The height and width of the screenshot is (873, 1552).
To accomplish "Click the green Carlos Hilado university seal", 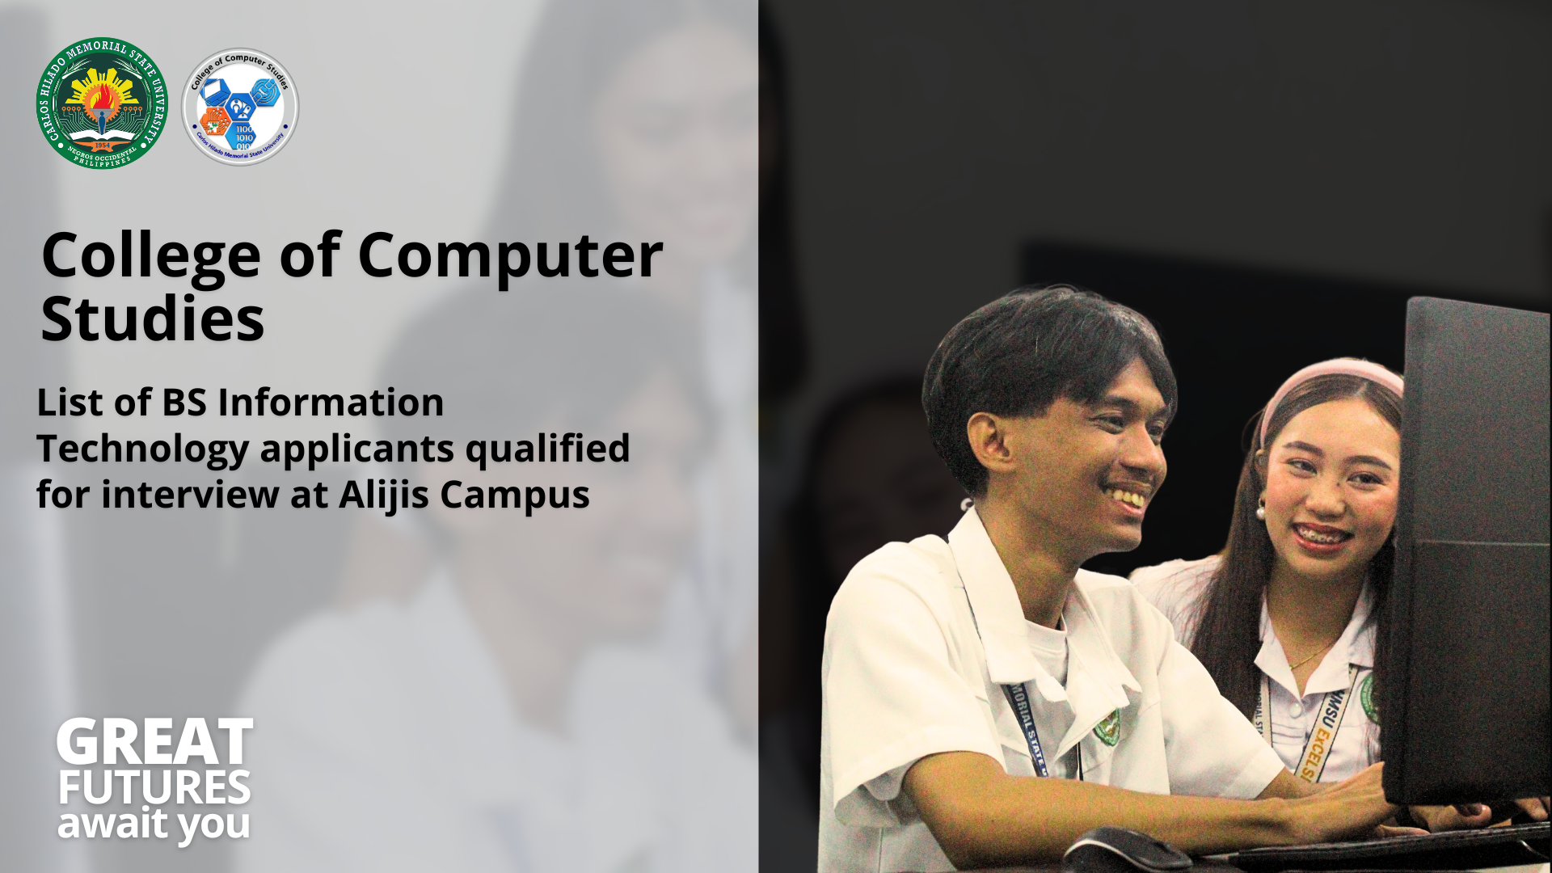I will click(102, 103).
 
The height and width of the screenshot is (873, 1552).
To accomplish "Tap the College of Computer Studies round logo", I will click(240, 107).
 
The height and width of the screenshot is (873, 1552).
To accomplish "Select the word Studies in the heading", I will click(152, 319).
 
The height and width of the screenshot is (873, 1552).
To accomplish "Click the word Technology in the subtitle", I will click(142, 449).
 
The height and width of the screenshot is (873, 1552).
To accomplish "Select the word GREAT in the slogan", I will click(154, 743).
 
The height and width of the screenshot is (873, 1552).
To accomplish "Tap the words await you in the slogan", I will click(154, 825).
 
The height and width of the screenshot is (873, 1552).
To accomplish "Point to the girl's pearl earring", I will click(1259, 512).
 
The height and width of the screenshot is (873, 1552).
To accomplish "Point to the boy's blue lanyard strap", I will click(1025, 727).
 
